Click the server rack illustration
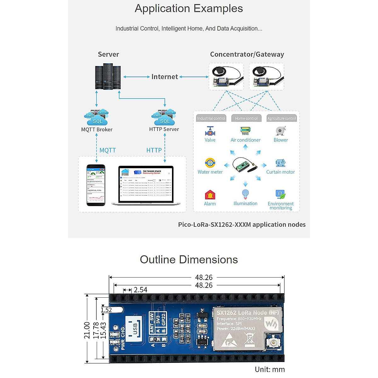point(108,77)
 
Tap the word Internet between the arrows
point(164,77)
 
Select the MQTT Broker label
point(97,129)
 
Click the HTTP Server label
point(164,129)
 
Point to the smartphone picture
point(96,185)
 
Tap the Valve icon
point(210,131)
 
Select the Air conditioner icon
point(245,131)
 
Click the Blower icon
point(280,131)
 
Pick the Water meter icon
point(210,163)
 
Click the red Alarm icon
point(210,195)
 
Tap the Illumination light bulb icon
point(245,194)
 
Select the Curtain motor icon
point(280,163)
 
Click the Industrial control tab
point(211,118)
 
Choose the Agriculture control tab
point(282,118)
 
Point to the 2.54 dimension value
point(140,290)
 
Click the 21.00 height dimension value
point(87,330)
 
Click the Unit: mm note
point(270,369)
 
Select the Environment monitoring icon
point(280,194)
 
